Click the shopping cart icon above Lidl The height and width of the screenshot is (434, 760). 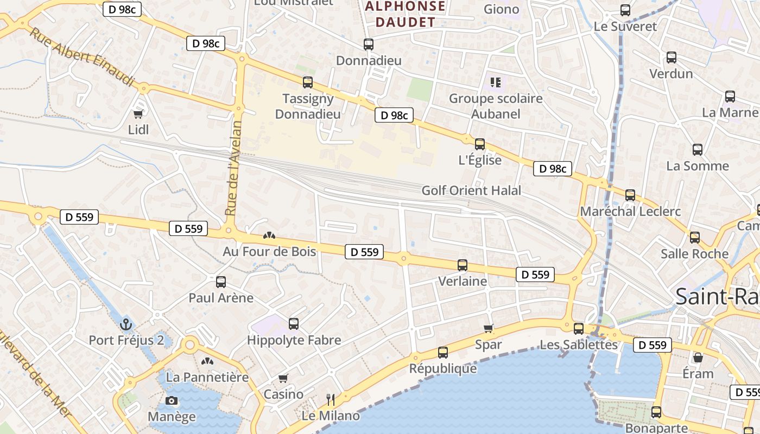pyautogui.click(x=138, y=114)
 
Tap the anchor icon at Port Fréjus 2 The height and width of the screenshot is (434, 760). pyautogui.click(x=126, y=324)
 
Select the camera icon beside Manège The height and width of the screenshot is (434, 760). pyautogui.click(x=172, y=401)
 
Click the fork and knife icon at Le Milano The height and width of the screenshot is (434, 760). pyautogui.click(x=331, y=400)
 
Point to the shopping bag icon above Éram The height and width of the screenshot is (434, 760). pyautogui.click(x=698, y=358)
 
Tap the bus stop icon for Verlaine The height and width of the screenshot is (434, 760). pyautogui.click(x=463, y=265)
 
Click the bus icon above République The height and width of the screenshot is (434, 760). pyautogui.click(x=443, y=353)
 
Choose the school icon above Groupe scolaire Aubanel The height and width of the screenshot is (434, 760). pyautogui.click(x=495, y=82)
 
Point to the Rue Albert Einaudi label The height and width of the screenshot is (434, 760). pyautogui.click(x=81, y=57)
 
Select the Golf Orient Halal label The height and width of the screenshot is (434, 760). pyautogui.click(x=471, y=190)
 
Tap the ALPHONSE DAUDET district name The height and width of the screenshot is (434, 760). pyautogui.click(x=405, y=14)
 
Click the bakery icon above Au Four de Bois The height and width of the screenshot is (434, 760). pyautogui.click(x=269, y=235)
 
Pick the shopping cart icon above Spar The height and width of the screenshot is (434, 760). pyautogui.click(x=489, y=328)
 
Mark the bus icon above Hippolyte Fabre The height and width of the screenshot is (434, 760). pyautogui.click(x=294, y=324)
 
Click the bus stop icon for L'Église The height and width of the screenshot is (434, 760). pyautogui.click(x=480, y=144)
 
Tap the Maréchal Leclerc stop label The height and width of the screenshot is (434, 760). pyautogui.click(x=630, y=211)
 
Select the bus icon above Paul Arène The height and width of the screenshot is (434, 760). pyautogui.click(x=221, y=282)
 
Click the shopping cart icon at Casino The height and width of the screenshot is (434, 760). pyautogui.click(x=283, y=378)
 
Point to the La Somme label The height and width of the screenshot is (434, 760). pyautogui.click(x=698, y=166)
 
